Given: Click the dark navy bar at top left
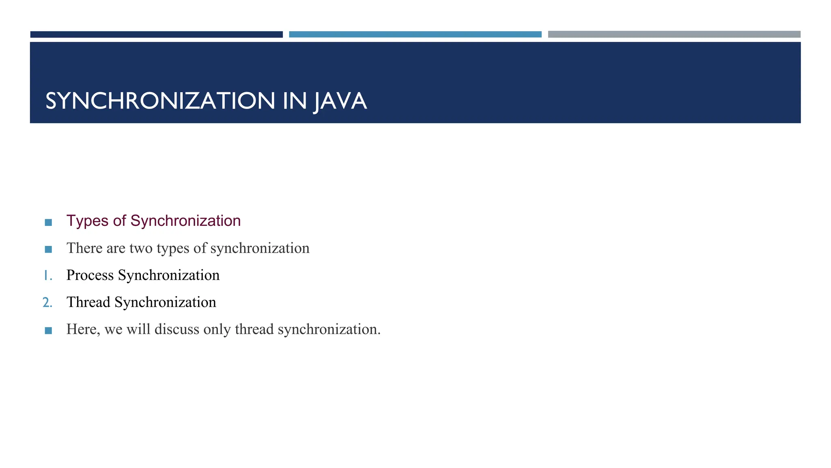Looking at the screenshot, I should click(x=156, y=35).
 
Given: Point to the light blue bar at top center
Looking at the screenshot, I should click(x=415, y=35).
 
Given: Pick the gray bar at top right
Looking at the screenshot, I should click(x=674, y=35).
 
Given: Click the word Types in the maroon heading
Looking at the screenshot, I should click(x=87, y=221).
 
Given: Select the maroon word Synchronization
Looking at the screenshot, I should click(x=185, y=221).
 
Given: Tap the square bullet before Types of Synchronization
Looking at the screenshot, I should click(x=48, y=222).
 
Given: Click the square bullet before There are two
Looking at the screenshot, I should click(x=48, y=249).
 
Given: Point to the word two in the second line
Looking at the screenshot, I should click(x=141, y=248).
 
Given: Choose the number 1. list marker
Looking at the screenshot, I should click(x=48, y=275).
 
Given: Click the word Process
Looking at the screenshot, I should click(x=90, y=275).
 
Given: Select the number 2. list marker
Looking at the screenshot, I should click(x=47, y=303).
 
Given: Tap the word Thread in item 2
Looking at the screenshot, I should click(x=88, y=302).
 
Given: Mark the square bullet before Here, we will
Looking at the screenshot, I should click(x=48, y=331).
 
